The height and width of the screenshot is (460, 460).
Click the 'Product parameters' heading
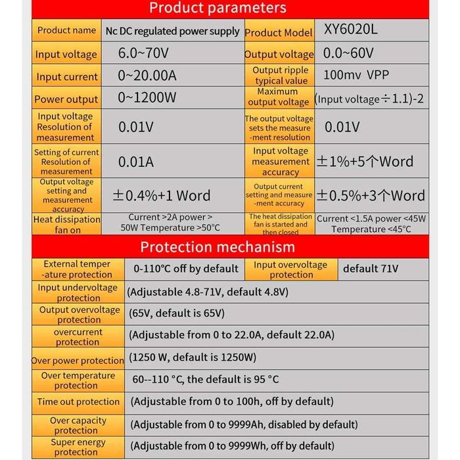click(218, 8)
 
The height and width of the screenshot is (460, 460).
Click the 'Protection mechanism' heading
click(218, 247)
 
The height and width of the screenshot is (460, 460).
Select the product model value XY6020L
click(350, 30)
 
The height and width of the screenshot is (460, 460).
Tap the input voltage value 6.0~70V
click(143, 53)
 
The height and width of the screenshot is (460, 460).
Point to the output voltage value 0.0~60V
click(349, 53)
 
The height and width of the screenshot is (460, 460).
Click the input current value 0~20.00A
click(147, 76)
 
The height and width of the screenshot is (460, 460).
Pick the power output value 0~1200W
click(147, 99)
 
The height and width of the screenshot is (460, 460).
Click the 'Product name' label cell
click(66, 30)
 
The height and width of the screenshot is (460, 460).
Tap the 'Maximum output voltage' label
click(279, 97)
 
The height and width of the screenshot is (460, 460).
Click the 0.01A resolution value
click(136, 162)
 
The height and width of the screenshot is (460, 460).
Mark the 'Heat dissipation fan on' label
click(66, 225)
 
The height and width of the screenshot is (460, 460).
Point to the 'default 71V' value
click(371, 268)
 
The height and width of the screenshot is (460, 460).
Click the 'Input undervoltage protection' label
click(78, 292)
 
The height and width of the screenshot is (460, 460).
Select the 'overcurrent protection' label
click(78, 336)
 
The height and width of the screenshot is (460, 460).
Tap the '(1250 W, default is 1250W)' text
click(193, 357)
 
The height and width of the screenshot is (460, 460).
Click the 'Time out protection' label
click(78, 402)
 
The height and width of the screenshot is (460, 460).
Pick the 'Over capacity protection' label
click(78, 425)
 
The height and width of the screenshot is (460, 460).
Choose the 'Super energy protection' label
click(78, 447)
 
